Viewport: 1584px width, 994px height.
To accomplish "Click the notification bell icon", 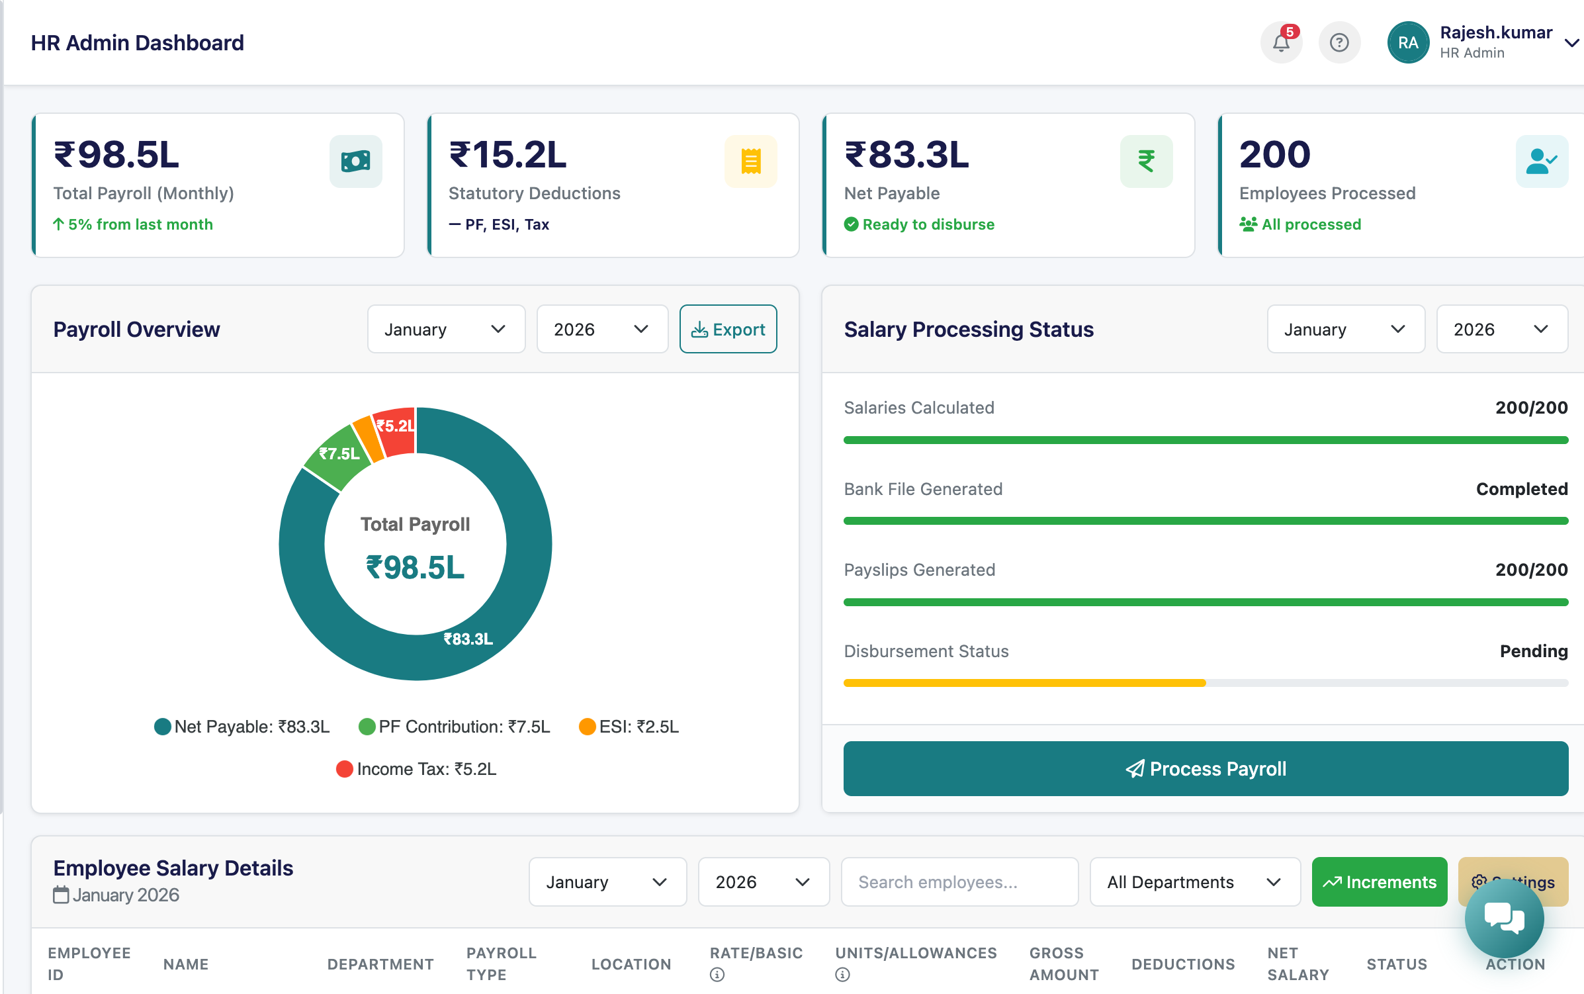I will click(x=1281, y=43).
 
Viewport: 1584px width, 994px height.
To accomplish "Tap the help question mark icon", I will click(x=1339, y=43).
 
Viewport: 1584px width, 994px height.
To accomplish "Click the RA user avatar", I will click(x=1407, y=43).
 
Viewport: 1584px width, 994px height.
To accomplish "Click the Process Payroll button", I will click(x=1205, y=768).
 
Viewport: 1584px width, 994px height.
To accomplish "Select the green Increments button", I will click(x=1379, y=881).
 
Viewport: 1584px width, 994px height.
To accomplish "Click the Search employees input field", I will click(x=959, y=881).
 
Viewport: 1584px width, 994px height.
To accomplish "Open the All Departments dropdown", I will click(x=1194, y=881).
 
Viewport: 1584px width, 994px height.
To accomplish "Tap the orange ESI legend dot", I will click(x=587, y=727).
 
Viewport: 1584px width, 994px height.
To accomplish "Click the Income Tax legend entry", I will click(x=417, y=769).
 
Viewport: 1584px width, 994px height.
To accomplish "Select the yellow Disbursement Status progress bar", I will click(x=1024, y=683).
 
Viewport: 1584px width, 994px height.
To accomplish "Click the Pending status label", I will click(x=1533, y=651).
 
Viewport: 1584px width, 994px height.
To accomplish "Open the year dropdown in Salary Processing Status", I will click(x=1501, y=329).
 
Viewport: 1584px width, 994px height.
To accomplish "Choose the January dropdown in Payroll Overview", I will click(x=445, y=329).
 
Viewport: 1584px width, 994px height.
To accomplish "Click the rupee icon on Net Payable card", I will click(x=1146, y=161).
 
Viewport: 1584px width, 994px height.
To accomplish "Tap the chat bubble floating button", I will click(x=1503, y=918).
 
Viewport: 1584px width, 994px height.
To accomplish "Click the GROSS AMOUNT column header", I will click(x=1063, y=964).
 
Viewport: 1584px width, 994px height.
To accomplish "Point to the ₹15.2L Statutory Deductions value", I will click(x=507, y=155).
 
